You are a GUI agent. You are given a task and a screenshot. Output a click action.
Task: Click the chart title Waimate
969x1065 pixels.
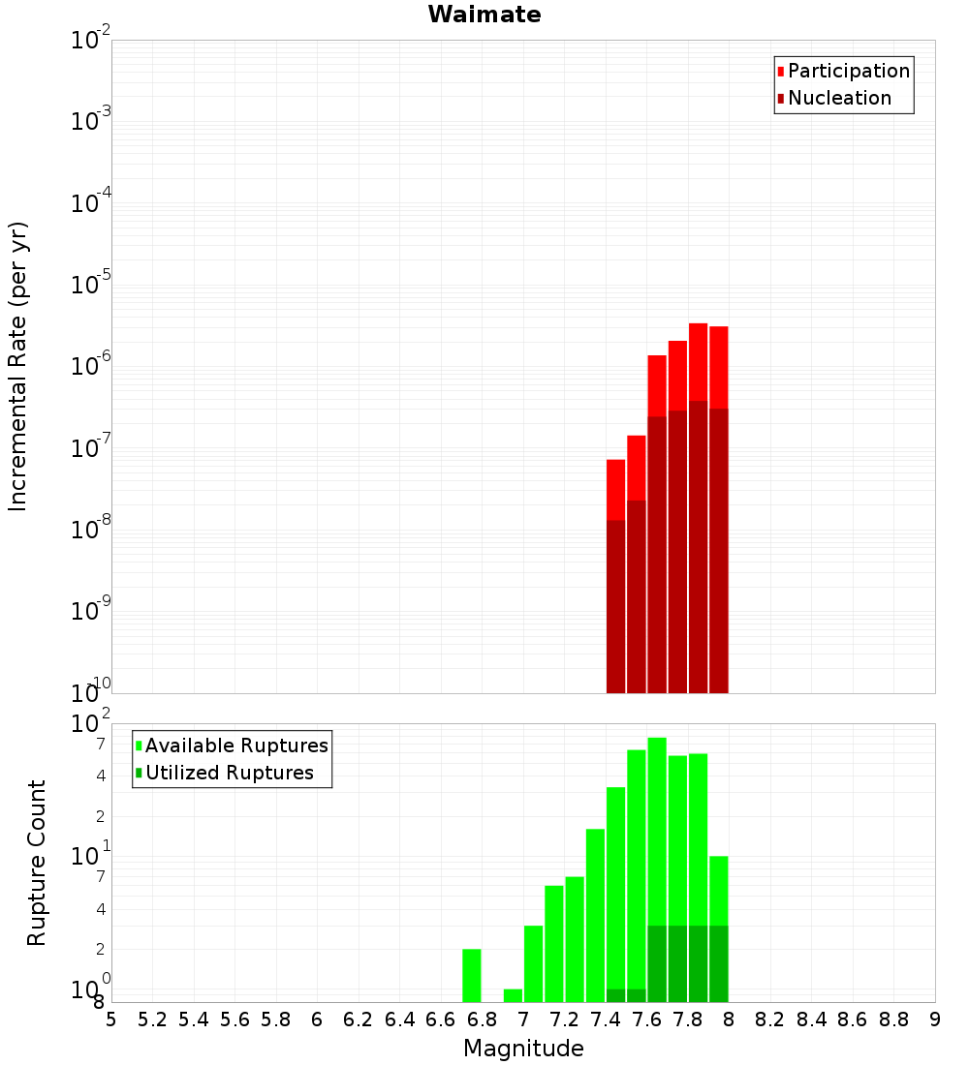(484, 15)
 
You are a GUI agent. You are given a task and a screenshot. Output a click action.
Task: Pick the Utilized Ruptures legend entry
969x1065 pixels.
(229, 773)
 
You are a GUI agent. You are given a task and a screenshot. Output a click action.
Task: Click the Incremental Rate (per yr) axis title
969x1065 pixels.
(18, 366)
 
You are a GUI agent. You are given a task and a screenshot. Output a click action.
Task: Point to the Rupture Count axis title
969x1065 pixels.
(37, 862)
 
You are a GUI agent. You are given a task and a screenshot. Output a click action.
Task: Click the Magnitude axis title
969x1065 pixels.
(523, 1049)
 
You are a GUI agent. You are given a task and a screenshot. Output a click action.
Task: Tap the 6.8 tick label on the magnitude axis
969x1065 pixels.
(482, 1019)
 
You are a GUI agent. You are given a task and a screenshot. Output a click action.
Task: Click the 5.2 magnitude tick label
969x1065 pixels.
(152, 1019)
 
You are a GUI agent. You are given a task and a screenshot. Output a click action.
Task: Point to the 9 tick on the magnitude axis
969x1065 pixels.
(934, 1019)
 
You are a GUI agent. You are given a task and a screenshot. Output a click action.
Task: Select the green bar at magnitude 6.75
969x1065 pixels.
(472, 975)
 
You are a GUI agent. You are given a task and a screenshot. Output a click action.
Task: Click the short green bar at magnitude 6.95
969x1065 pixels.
(513, 995)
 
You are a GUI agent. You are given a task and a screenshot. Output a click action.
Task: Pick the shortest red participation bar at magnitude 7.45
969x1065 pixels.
(615, 489)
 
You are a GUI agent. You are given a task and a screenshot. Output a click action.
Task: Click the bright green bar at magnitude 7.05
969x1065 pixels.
(533, 963)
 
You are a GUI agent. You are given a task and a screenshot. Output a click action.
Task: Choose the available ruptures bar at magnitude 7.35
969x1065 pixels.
(595, 915)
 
